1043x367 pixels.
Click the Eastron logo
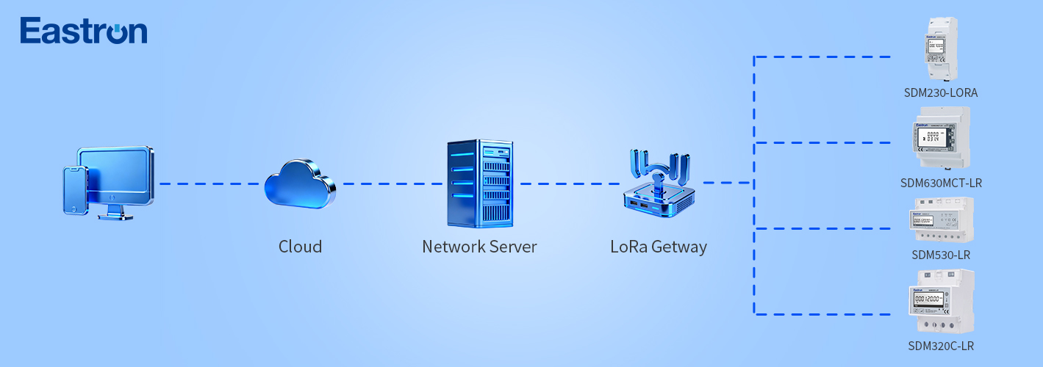coord(84,31)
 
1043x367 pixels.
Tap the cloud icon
coord(300,184)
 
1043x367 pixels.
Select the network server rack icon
coord(479,183)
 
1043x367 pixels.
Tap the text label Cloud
coord(300,247)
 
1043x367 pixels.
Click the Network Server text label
coord(479,247)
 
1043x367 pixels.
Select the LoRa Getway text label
coord(659,247)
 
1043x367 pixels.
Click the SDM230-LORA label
coord(941,93)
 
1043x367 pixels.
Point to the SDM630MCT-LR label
coord(941,183)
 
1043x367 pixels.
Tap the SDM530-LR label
coord(941,255)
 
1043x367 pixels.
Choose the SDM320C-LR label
coord(941,346)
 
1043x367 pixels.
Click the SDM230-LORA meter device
coord(941,48)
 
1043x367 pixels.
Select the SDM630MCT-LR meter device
coord(941,137)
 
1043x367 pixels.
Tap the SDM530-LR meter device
coord(942,219)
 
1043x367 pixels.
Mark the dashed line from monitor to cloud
coord(210,183)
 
